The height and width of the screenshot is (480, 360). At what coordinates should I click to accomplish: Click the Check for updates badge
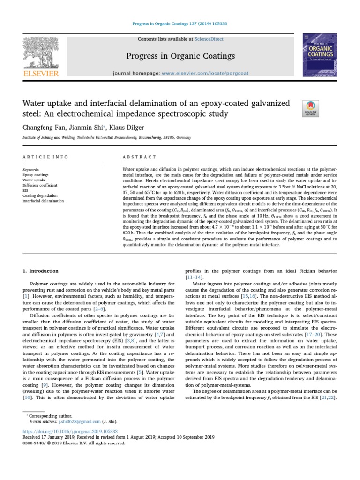(x=309, y=108)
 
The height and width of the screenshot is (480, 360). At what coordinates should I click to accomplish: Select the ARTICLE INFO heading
(x=45, y=157)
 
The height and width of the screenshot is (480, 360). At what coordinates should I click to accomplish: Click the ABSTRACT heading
(x=139, y=157)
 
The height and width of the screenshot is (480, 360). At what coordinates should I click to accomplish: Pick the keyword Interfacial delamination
(x=43, y=201)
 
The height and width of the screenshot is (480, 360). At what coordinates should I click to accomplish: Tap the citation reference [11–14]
(x=195, y=277)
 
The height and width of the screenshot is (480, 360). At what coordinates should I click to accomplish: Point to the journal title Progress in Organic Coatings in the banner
(x=180, y=56)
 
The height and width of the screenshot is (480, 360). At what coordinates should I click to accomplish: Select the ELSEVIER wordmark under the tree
(x=41, y=73)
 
